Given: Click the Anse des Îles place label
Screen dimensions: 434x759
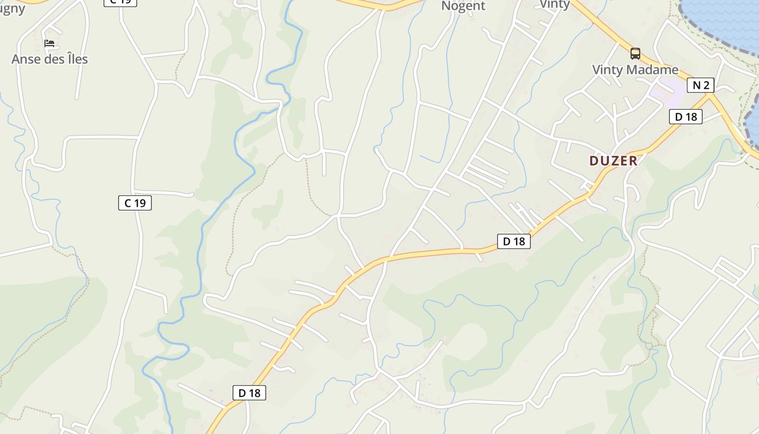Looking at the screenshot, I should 49,59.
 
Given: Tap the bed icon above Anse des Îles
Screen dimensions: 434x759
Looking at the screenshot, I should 50,43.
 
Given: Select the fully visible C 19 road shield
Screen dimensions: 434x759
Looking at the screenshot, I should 134,203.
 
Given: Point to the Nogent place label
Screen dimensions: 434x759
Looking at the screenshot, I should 463,6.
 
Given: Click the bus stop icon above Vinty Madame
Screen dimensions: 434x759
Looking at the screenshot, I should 635,54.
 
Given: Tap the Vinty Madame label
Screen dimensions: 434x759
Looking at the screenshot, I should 635,69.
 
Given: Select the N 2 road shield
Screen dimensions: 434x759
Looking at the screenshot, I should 700,85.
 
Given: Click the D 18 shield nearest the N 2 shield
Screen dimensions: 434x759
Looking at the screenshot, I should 685,117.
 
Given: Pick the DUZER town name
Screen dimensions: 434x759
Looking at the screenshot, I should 613,161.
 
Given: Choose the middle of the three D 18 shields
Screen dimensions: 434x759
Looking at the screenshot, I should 513,241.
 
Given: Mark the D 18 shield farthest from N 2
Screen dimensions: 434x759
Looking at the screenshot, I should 249,393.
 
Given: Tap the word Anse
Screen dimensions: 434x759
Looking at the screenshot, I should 25,59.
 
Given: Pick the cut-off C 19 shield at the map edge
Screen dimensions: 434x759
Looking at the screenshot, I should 120,2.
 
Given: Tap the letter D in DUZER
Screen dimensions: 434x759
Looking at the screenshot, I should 594,161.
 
